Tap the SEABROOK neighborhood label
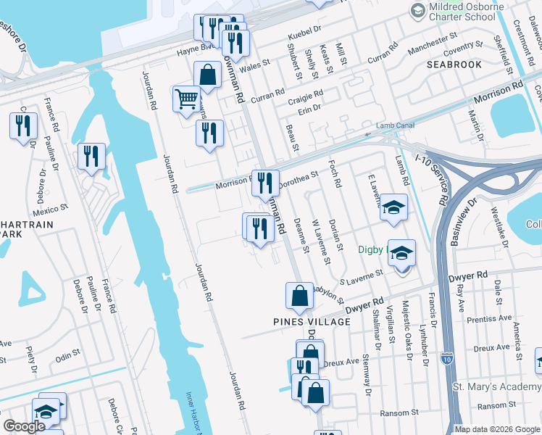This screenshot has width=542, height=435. point(454,65)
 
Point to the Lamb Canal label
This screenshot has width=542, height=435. point(395,125)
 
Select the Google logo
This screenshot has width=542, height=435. point(25,426)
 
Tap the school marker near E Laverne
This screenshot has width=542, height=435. point(393,207)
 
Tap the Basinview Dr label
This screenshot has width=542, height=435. point(462,221)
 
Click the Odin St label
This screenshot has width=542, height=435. point(67,355)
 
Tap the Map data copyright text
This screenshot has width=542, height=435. point(497,429)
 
